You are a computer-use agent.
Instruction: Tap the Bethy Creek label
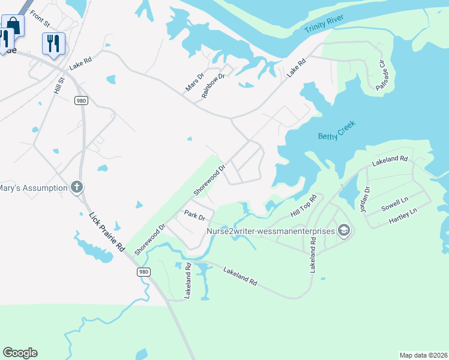point(337,130)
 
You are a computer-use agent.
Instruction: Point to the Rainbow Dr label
point(214,85)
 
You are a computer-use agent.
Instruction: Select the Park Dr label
point(195,215)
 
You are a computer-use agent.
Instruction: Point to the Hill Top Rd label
point(303,206)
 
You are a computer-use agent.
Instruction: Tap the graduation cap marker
point(344,230)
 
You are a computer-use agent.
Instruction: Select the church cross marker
point(76,188)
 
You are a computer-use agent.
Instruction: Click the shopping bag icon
point(13,26)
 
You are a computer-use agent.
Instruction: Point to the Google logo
point(20,353)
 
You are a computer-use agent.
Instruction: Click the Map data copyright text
point(423,355)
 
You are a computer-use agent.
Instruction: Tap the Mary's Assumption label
point(33,188)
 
